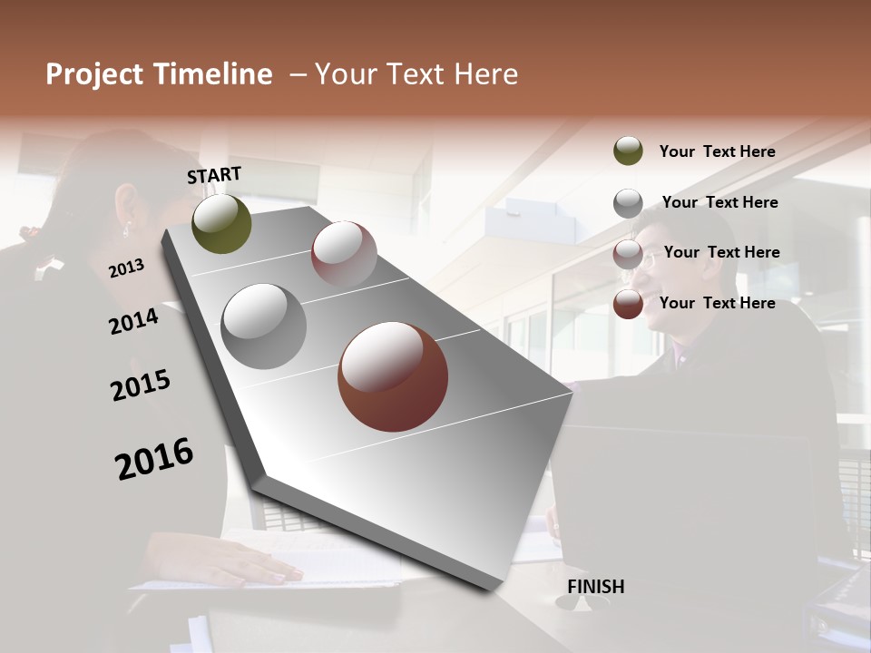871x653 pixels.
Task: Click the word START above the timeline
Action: pos(214,175)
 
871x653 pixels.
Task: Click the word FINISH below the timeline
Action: pos(595,587)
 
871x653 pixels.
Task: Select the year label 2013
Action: pos(126,268)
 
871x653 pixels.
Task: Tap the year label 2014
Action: pos(133,322)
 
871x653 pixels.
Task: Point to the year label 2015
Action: pos(141,385)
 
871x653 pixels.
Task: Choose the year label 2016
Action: pos(154,458)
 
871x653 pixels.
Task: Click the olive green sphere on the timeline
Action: pos(221,224)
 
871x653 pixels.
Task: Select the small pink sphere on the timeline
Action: pos(344,253)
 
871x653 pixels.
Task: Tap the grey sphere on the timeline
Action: pos(264,326)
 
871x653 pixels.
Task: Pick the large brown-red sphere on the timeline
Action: pos(393,376)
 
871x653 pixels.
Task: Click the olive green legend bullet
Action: pos(628,151)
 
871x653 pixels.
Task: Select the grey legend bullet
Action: pos(628,203)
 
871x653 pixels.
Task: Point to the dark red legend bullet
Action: pos(628,304)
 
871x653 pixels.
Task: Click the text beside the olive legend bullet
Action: pos(717,151)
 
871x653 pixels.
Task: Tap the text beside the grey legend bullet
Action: pos(719,202)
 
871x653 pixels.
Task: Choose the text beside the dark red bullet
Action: pos(717,303)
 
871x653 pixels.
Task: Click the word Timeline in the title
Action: pos(209,74)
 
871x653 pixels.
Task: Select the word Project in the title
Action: pos(94,74)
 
